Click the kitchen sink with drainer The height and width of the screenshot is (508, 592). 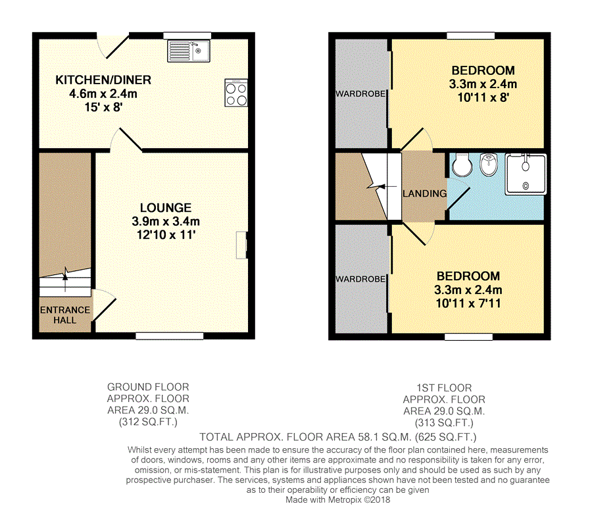(x=189, y=51)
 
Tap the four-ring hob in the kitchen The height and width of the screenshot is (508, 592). (x=236, y=93)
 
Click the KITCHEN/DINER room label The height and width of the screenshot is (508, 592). (x=103, y=80)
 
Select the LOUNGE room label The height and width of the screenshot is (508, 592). (x=166, y=208)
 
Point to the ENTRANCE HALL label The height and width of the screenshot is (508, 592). (x=65, y=315)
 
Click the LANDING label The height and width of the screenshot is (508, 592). (x=425, y=193)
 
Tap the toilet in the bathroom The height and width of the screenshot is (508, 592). (x=462, y=165)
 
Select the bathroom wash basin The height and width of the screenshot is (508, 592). (x=489, y=165)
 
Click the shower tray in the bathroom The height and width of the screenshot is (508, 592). (x=526, y=174)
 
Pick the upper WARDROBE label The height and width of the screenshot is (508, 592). (x=360, y=93)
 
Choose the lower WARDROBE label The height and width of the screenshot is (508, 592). (x=360, y=279)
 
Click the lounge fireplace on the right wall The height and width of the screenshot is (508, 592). (x=241, y=245)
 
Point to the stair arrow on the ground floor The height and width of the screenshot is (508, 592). (x=65, y=282)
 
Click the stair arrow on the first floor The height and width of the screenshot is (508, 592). (x=387, y=187)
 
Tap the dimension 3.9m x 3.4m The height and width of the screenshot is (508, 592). (x=166, y=221)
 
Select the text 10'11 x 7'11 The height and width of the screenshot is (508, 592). (x=468, y=303)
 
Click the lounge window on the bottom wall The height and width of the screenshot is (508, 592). (x=170, y=336)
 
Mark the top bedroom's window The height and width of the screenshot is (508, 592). (x=471, y=36)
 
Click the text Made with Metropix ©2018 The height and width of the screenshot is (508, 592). (x=338, y=500)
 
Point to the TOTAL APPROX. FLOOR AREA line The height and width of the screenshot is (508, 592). (x=338, y=437)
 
